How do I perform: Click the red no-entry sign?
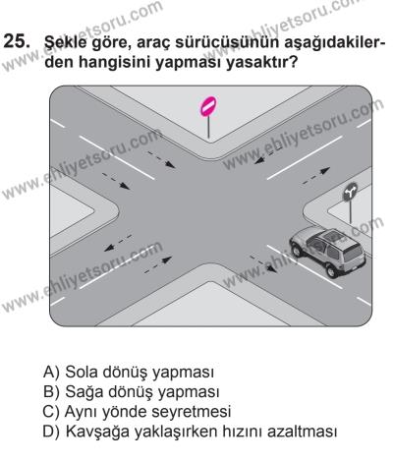point(207,105)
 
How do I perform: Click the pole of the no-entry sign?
point(207,128)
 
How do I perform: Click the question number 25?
point(17,44)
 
